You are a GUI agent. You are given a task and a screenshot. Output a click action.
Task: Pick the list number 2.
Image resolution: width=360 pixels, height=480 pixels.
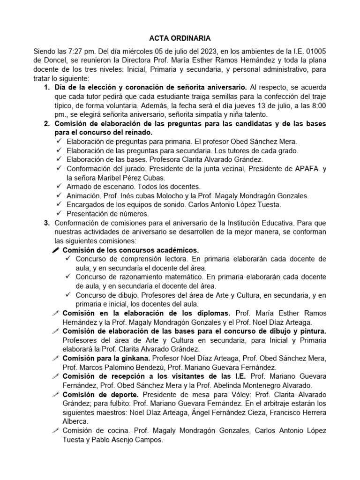[46, 124]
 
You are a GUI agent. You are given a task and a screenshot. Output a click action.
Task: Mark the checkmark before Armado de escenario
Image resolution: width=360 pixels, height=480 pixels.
[59, 187]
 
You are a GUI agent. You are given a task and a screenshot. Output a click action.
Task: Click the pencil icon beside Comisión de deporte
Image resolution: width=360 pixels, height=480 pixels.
[56, 395]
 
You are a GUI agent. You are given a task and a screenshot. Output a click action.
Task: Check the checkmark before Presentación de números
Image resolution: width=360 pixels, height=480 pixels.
[59, 214]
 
